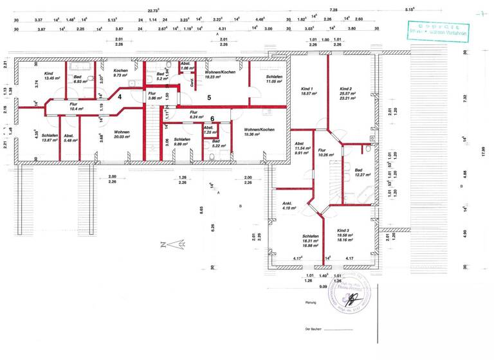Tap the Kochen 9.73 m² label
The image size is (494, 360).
tap(121, 73)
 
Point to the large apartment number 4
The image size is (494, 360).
tap(120, 96)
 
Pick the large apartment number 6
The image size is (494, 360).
tap(212, 118)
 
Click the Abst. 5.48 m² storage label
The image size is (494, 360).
tap(69, 138)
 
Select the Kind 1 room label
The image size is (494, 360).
tap(307, 91)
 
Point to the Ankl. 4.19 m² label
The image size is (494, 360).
tap(287, 206)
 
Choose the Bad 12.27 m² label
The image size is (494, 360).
tap(358, 173)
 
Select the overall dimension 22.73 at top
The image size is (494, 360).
tap(153, 11)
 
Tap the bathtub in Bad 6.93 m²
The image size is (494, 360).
tap(82, 66)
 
